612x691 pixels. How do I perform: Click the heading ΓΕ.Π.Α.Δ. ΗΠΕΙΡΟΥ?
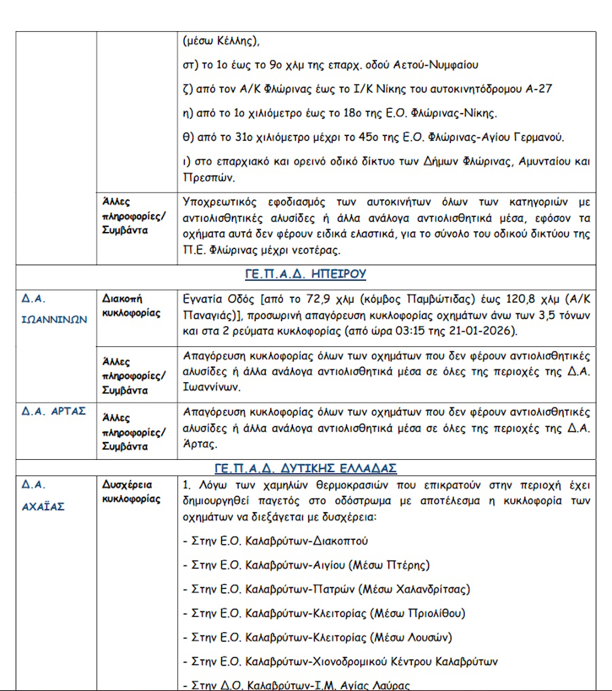pos(305,274)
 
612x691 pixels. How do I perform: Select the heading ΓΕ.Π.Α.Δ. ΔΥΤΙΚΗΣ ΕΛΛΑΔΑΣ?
pos(305,468)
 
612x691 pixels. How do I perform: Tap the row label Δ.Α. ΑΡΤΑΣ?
pos(54,411)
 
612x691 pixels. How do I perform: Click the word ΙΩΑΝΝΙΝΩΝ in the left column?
pos(54,320)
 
